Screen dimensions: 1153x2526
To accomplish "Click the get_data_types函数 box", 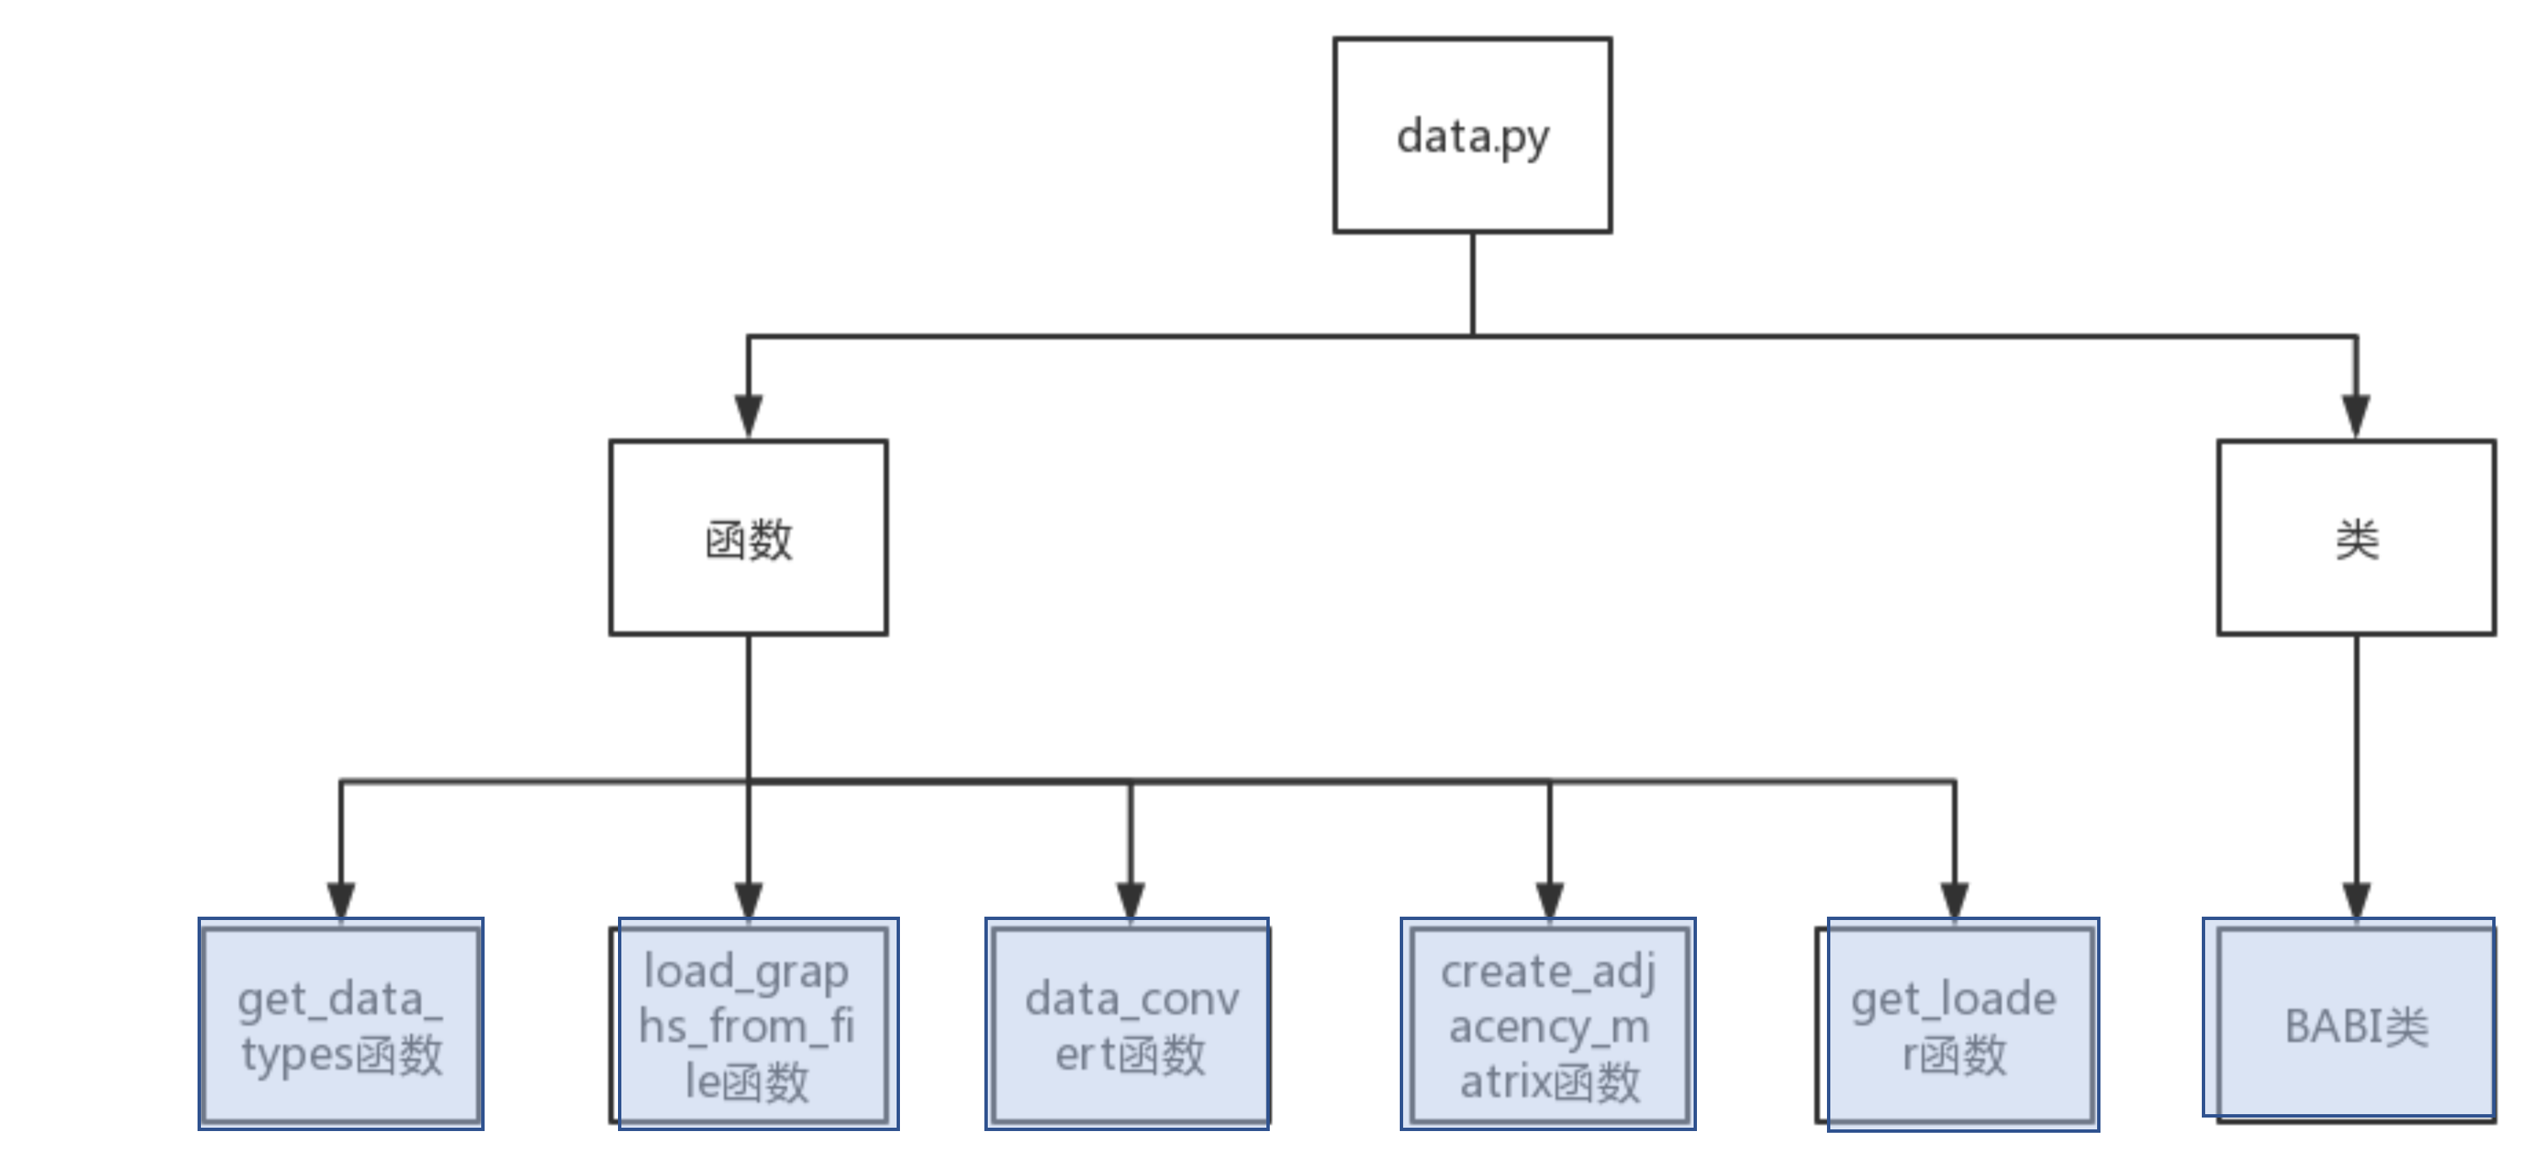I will pyautogui.click(x=340, y=1025).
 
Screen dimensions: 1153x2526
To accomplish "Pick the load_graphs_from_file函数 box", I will pyautogui.click(x=752, y=1025).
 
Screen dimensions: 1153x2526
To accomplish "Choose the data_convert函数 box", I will pyautogui.click(x=1129, y=1025).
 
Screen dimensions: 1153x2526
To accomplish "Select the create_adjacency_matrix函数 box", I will pyautogui.click(x=1548, y=1025).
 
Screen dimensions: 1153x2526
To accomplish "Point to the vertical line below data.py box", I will pyautogui.click(x=1472, y=284).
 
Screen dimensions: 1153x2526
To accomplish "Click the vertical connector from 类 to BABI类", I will pyautogui.click(x=2356, y=755).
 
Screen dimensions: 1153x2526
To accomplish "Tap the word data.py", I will pyautogui.click(x=1472, y=138).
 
